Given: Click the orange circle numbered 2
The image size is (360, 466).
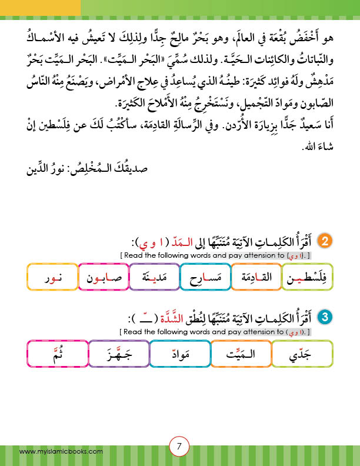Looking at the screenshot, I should tap(325, 241).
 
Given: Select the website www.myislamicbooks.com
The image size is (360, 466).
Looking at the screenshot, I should tap(61, 451).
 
